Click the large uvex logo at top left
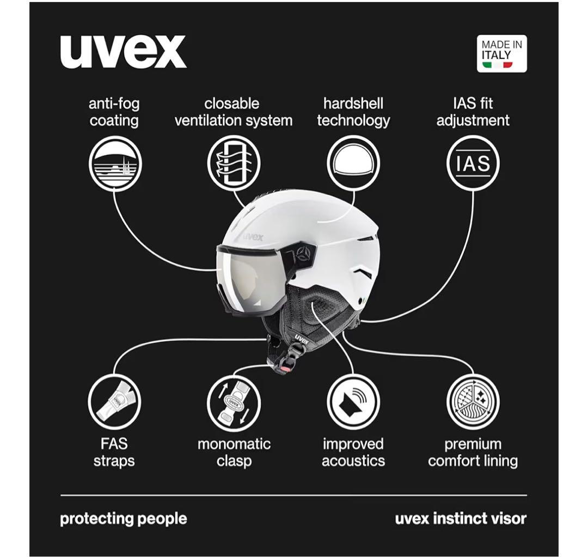tap(123, 52)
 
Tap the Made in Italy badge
tap(501, 53)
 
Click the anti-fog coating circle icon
tap(115, 163)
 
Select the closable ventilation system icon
tap(234, 163)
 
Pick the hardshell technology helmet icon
tap(353, 163)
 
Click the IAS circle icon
tap(473, 163)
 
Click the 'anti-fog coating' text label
tap(114, 112)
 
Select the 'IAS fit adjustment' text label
tap(473, 112)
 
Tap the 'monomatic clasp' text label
tap(234, 452)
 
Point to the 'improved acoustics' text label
tap(353, 452)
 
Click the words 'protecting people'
tap(123, 518)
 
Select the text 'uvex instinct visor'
tap(461, 518)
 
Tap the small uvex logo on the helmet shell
tap(253, 236)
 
